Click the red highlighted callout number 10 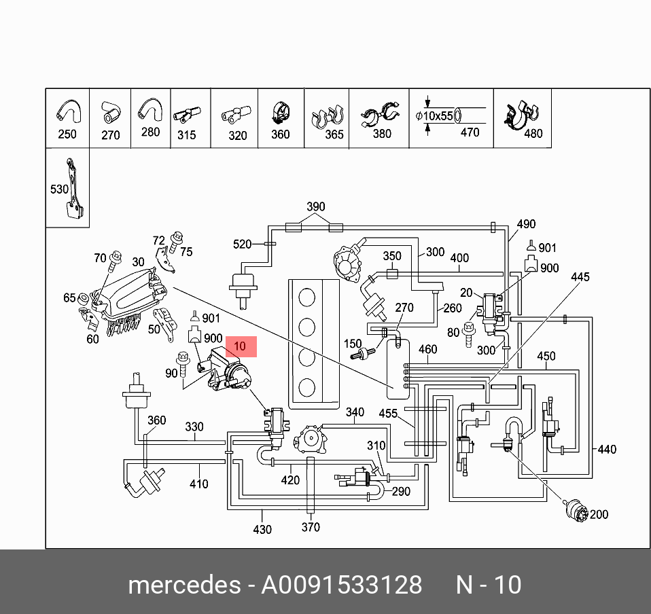click(x=239, y=346)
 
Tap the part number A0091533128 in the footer click(x=342, y=585)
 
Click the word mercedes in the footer click(x=183, y=585)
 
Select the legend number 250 click(x=67, y=134)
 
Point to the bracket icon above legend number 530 click(x=74, y=188)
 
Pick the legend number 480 click(x=533, y=133)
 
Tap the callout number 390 click(x=316, y=206)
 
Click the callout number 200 click(x=599, y=514)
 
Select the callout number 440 click(x=606, y=449)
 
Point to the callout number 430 click(x=262, y=529)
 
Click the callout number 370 click(x=311, y=527)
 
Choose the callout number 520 click(x=243, y=244)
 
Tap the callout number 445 click(x=580, y=277)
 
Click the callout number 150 click(x=353, y=344)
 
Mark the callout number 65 click(x=70, y=297)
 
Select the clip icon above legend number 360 click(x=279, y=113)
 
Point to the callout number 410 click(x=199, y=484)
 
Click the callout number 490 click(x=526, y=224)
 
